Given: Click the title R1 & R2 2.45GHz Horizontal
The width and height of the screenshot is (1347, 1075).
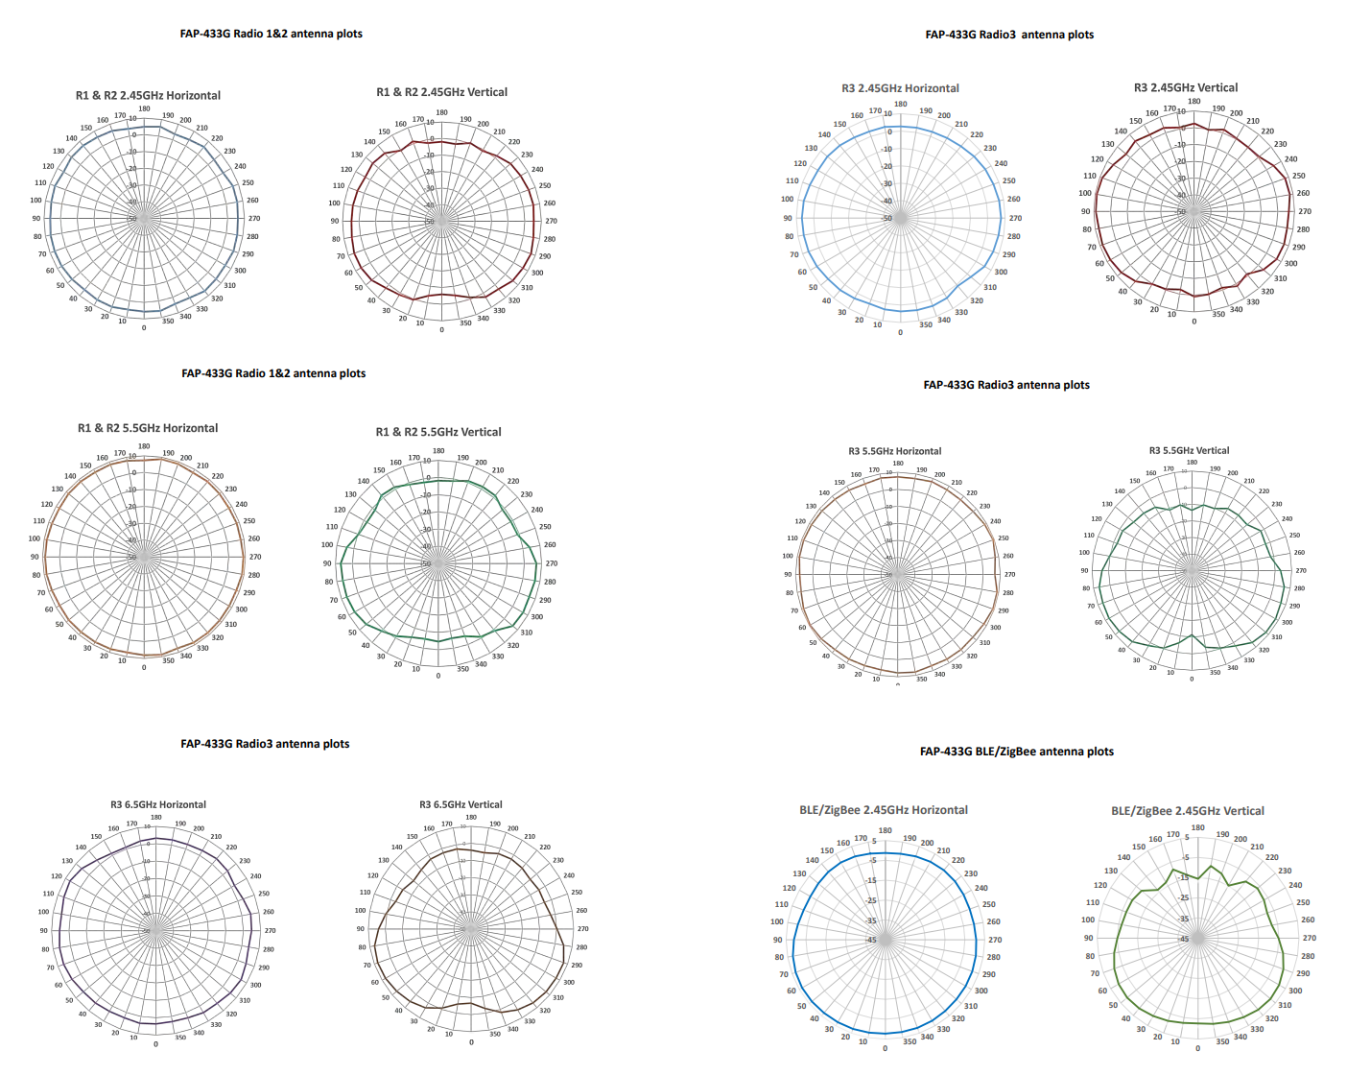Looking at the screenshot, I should (148, 95).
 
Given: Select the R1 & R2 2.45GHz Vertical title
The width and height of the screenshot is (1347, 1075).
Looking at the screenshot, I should (441, 92).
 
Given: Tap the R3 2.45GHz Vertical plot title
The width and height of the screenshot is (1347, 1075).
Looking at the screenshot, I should (1186, 87).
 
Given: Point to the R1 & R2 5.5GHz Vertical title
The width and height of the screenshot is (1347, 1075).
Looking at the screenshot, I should (438, 432).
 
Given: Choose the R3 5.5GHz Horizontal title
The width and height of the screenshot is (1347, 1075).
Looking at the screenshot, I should (894, 451).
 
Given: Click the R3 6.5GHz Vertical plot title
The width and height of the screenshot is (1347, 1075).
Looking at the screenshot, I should (461, 804).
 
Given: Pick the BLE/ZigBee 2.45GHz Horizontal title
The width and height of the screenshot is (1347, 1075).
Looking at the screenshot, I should (883, 810).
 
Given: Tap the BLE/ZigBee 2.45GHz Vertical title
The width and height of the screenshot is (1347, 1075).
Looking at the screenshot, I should (1188, 811).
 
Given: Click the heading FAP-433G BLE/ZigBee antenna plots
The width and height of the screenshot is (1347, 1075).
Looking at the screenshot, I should (1016, 752).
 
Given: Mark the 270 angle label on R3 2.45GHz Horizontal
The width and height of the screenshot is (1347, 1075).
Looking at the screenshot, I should (1015, 218).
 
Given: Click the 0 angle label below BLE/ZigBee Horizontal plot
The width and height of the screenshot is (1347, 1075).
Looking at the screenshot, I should (885, 1048).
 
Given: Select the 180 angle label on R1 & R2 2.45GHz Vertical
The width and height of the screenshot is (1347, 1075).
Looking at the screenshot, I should (441, 112).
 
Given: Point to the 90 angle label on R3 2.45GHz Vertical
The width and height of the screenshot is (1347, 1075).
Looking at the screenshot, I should (1085, 211).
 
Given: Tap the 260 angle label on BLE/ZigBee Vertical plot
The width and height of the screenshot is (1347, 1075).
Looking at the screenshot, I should (1308, 920).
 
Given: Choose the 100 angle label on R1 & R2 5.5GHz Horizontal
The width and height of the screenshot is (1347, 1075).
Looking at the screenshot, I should (35, 538).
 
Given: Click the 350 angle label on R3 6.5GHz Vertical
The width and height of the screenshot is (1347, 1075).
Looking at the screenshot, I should (495, 1034).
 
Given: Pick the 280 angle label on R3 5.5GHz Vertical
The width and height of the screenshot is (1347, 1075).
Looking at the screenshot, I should (1299, 588).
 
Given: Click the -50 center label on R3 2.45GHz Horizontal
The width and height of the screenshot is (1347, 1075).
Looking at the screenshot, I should (887, 218).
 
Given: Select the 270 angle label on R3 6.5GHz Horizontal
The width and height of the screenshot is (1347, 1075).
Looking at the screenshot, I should (270, 930).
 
